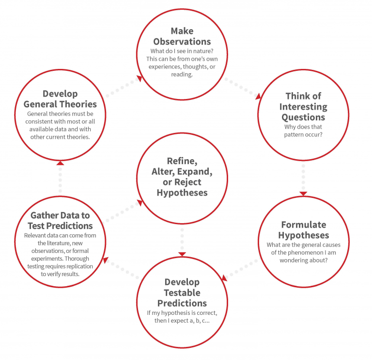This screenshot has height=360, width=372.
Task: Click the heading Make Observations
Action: click(182, 36)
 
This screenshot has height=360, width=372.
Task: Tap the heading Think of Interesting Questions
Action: click(303, 106)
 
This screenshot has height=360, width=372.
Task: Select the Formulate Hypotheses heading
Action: click(303, 230)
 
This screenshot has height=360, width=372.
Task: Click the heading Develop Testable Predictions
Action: click(182, 293)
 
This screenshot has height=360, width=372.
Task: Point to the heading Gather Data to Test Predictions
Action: click(60, 220)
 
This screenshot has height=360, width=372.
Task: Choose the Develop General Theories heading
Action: click(60, 99)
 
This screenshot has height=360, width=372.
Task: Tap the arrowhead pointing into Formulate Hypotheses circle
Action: click(303, 194)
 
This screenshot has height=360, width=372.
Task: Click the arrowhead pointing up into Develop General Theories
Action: click(60, 163)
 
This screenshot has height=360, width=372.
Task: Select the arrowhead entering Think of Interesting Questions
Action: click(258, 96)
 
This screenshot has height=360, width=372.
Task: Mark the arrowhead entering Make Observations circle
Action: click(139, 79)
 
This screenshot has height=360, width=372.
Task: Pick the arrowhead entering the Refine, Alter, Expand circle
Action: click(140, 203)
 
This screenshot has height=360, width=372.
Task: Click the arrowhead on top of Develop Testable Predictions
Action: click(182, 254)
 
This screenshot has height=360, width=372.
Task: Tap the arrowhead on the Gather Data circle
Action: click(106, 260)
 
